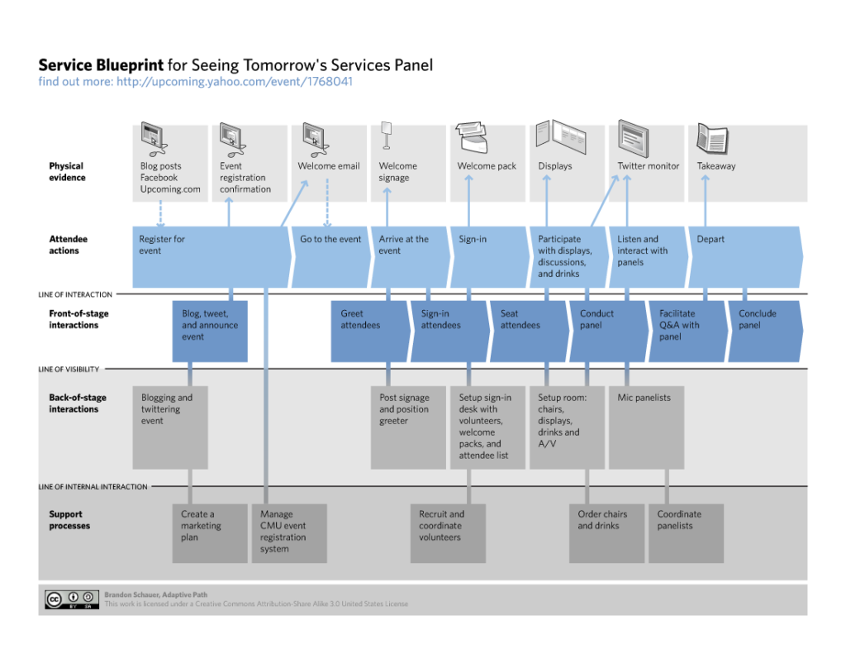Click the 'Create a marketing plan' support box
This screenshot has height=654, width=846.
[210, 532]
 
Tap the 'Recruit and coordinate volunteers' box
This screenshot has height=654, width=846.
[448, 532]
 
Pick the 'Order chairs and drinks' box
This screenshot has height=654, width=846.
[606, 532]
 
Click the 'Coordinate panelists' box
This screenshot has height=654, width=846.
[686, 532]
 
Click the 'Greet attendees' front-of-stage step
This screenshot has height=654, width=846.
[368, 331]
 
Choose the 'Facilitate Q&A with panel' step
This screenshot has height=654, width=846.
[686, 331]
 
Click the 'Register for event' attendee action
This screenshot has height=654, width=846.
[211, 257]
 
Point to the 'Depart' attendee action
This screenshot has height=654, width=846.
[744, 257]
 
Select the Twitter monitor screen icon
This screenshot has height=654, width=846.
[632, 138]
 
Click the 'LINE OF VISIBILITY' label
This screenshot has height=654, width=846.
[69, 370]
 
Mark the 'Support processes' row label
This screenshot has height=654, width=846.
[69, 520]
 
